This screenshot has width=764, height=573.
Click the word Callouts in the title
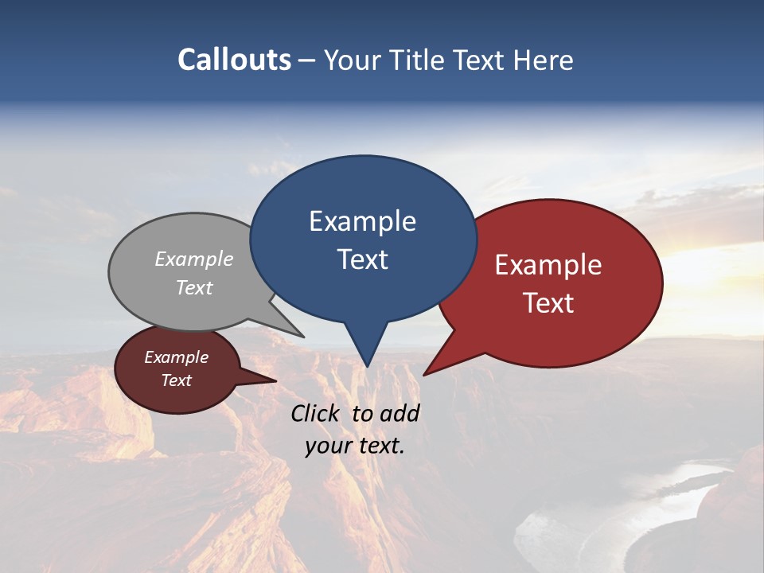[234, 60]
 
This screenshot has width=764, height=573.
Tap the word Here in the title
[543, 60]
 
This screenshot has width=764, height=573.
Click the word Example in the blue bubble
[362, 221]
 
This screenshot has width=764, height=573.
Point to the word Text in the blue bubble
[362, 259]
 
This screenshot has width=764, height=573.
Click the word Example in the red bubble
[548, 265]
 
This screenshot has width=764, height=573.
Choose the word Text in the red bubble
[549, 303]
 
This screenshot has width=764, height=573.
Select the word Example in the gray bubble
[194, 259]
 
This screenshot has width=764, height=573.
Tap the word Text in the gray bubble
[194, 287]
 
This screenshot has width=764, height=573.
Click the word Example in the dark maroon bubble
[177, 357]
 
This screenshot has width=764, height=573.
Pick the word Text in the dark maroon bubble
[177, 380]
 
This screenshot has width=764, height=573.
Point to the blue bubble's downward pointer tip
[367, 366]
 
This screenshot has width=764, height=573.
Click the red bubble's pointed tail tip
[424, 374]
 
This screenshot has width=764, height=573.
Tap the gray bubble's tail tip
[303, 336]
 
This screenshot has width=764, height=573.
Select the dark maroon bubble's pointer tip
[275, 380]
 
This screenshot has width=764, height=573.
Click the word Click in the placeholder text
[316, 413]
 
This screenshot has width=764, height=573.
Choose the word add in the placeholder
[400, 413]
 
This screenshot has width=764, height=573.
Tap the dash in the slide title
[308, 60]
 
